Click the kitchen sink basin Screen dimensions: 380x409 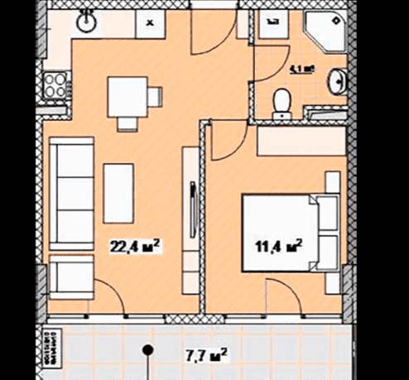coord(85,22)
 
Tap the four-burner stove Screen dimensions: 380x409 coord(58,84)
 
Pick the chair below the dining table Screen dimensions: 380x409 coord(128,123)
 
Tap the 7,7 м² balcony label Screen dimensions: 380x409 coord(205,358)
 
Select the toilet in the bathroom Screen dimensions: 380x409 coord(282,101)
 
